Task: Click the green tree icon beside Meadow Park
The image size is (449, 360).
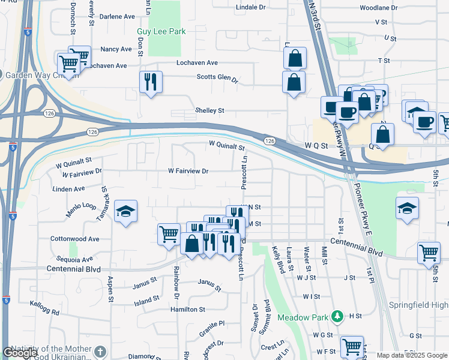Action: pos(338,316)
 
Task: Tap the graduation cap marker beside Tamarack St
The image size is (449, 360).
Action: pos(125,211)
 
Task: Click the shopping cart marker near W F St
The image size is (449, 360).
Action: pos(351,346)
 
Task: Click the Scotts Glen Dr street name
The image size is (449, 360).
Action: pos(217,77)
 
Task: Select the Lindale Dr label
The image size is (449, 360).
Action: pos(250,7)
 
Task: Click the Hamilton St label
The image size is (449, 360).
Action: pos(188,310)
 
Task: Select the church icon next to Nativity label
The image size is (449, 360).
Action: pos(100,350)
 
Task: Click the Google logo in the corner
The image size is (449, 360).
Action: pos(20,353)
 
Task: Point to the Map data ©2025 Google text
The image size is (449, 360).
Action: pos(411,355)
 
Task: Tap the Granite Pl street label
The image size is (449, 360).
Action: pos(212,324)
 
